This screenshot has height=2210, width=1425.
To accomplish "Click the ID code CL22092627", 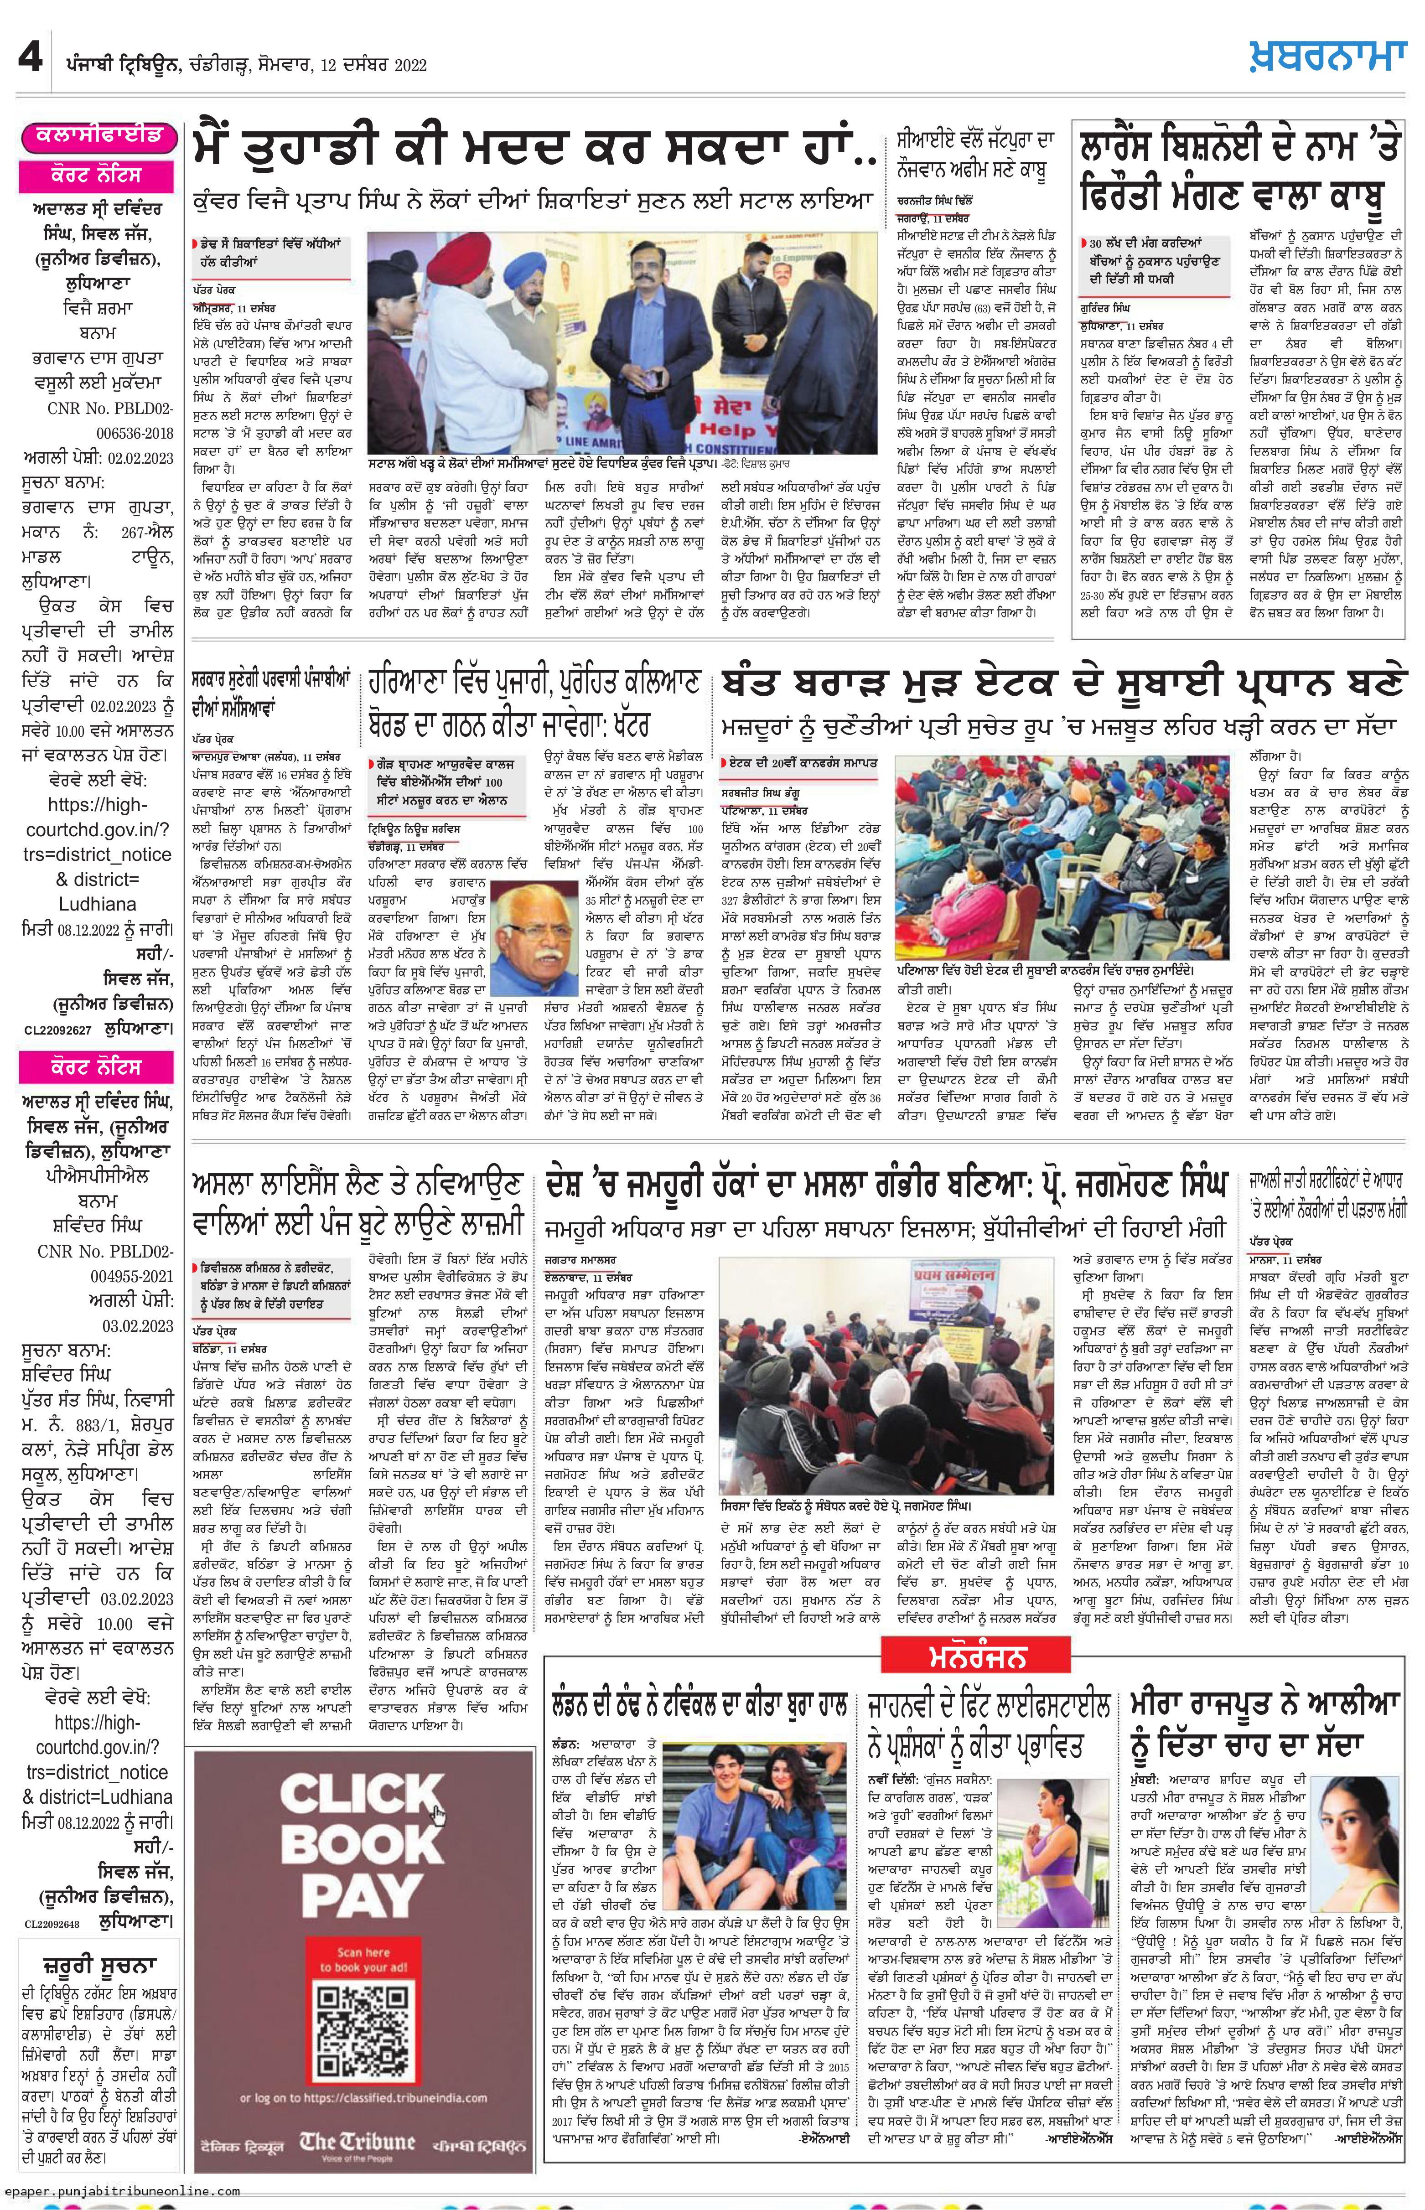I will coord(57,1030).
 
